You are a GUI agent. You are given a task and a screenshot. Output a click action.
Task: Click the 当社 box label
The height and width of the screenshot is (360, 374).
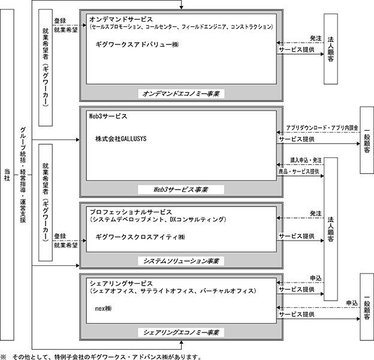7,175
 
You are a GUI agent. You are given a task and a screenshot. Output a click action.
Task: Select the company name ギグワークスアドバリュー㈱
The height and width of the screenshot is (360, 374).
137,44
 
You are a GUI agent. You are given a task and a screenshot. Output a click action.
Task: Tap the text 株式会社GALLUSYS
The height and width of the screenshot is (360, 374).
120,139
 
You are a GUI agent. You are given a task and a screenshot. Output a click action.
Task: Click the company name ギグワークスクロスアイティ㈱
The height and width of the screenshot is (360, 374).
140,237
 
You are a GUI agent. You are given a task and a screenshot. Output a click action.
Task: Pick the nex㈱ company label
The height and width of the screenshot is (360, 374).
103,308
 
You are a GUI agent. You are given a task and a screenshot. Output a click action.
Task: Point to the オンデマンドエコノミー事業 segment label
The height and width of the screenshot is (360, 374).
181,94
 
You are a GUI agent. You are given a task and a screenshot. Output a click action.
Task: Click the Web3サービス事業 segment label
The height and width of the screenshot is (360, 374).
181,190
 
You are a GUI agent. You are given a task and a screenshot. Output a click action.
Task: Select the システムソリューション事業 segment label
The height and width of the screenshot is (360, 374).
181,261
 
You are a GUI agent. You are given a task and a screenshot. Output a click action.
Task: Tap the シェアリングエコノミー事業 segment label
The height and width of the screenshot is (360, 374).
181,332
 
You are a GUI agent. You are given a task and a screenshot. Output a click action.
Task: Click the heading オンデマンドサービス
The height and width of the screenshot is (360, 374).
121,19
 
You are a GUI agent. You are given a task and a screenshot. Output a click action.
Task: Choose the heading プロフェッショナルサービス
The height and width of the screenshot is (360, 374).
131,212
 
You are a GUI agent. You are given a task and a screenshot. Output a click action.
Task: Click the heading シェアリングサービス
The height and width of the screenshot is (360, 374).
121,283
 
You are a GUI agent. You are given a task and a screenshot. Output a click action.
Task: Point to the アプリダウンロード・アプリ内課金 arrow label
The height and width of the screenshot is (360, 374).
322,128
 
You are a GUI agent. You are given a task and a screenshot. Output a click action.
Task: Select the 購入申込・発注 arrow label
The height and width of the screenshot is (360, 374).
306,160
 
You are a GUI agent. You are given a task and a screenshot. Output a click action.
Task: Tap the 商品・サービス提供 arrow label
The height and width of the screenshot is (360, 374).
299,172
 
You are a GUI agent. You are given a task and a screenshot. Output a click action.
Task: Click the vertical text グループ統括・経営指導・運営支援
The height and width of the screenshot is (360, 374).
23,175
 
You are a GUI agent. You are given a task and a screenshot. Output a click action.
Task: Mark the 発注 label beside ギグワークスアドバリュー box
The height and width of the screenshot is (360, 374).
315,38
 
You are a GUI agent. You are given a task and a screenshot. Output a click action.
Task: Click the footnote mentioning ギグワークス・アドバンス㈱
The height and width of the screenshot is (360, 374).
101,356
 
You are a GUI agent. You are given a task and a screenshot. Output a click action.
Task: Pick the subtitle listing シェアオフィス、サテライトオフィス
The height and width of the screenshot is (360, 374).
173,291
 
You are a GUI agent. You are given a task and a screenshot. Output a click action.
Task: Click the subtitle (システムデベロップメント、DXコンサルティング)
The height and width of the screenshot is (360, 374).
158,219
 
